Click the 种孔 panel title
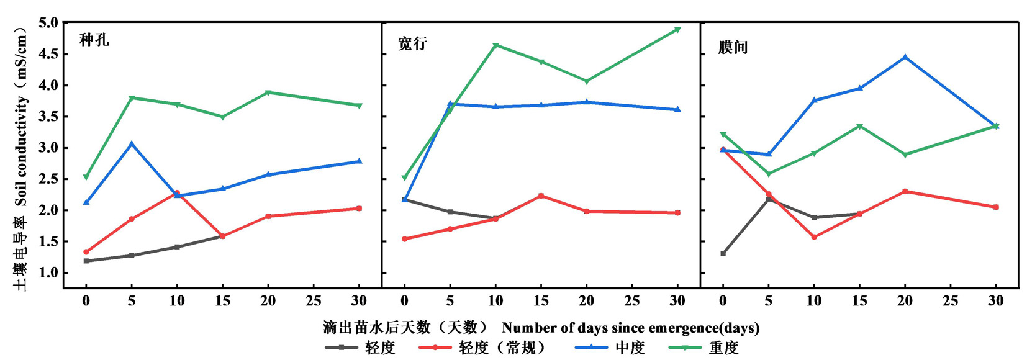94,40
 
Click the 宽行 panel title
413,43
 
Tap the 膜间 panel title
733,47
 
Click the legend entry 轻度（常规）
502,348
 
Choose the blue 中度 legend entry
630,348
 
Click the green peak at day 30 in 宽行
677,29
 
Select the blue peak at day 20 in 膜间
905,57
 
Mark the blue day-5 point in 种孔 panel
132,144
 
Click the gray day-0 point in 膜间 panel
723,253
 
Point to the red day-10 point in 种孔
177,193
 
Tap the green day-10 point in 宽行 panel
495,45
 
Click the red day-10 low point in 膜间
814,237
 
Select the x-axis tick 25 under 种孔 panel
314,301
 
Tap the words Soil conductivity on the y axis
22,151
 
